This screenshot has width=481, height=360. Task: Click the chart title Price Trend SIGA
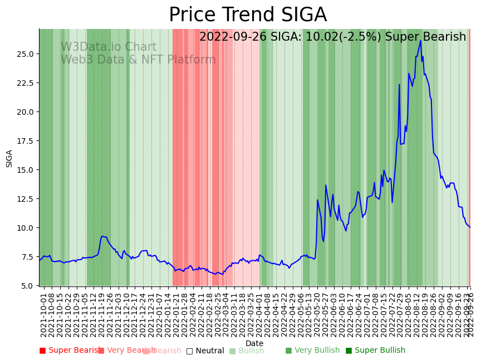click(248, 15)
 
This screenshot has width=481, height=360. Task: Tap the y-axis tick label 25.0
click(26, 54)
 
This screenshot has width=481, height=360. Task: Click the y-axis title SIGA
click(9, 158)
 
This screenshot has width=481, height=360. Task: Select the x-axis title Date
click(254, 343)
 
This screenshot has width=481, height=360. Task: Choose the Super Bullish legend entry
click(375, 351)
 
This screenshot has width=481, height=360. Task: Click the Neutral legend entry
click(205, 351)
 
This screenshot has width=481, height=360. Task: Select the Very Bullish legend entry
click(312, 351)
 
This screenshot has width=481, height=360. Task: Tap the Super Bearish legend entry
click(69, 351)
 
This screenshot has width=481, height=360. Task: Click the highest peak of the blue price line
click(421, 41)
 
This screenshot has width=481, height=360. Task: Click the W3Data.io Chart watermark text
click(109, 47)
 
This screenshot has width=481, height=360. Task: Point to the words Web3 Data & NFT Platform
click(138, 60)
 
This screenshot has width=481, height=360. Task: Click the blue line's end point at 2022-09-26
click(470, 227)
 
